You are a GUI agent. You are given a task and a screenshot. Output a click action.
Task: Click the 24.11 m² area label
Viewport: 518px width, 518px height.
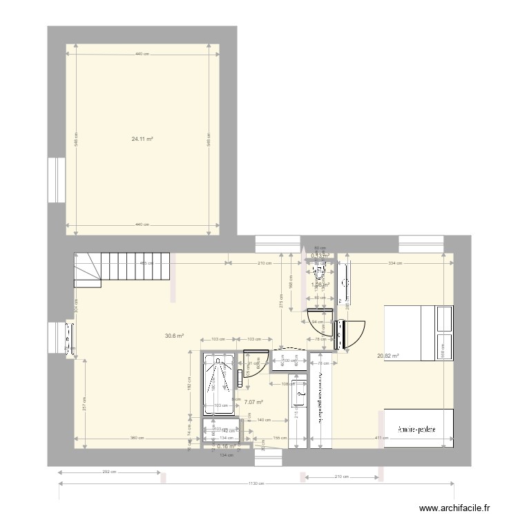coord(142,139)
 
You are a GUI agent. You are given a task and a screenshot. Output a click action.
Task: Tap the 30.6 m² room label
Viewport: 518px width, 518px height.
coord(174,336)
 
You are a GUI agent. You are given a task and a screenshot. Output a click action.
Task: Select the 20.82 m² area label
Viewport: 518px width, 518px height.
coord(388,356)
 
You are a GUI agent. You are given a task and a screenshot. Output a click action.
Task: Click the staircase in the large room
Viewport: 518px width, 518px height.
coord(122,268)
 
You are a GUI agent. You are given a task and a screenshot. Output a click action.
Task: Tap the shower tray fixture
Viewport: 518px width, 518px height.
coord(219,385)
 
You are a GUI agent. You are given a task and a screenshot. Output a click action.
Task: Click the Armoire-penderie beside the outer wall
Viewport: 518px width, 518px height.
coord(417,429)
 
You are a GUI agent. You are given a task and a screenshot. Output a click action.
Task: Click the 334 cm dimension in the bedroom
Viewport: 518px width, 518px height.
coord(395,263)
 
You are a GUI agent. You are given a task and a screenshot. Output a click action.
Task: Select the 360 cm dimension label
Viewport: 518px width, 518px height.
coord(137,439)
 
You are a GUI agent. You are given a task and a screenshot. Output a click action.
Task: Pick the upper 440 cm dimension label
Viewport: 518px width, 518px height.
coord(142,55)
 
